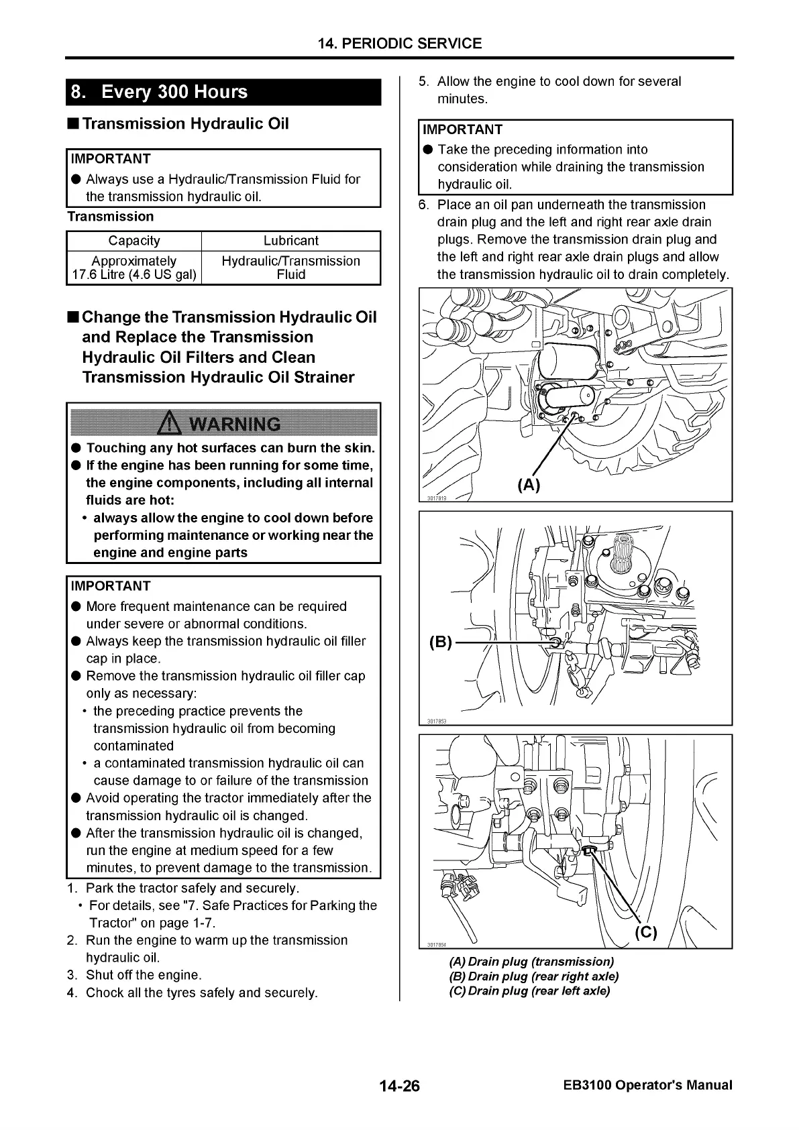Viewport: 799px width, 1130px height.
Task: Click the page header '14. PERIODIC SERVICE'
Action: click(x=399, y=44)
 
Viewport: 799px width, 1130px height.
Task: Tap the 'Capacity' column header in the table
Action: click(x=134, y=241)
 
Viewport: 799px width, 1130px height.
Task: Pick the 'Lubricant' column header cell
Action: click(x=290, y=241)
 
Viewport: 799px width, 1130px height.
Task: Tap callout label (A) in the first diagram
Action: click(x=528, y=485)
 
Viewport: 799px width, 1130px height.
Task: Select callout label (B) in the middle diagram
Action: click(x=440, y=642)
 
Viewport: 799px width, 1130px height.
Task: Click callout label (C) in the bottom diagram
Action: click(x=645, y=932)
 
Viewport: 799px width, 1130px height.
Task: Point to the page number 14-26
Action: click(x=398, y=1086)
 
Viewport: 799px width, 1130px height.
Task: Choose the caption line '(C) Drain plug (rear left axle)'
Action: click(x=529, y=991)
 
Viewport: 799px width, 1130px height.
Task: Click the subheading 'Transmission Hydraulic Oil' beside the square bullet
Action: click(x=185, y=124)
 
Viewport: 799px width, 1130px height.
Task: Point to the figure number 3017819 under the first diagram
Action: click(x=437, y=497)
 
